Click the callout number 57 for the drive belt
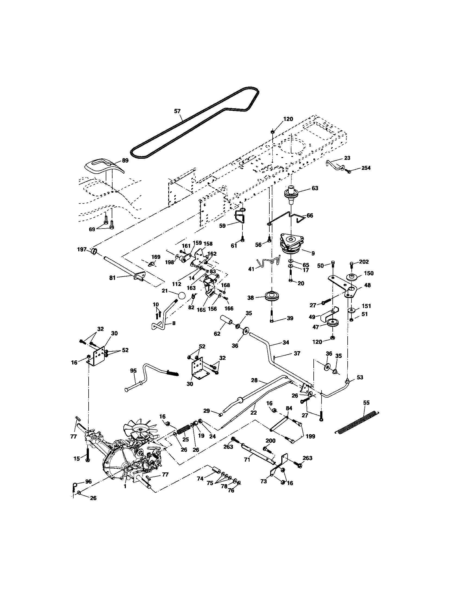point(177,111)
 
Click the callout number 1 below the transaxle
point(125,486)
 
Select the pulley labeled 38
point(272,297)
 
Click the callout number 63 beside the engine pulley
point(315,188)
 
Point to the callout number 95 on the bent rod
point(133,371)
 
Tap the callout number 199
point(310,437)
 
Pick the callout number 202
point(363,262)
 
